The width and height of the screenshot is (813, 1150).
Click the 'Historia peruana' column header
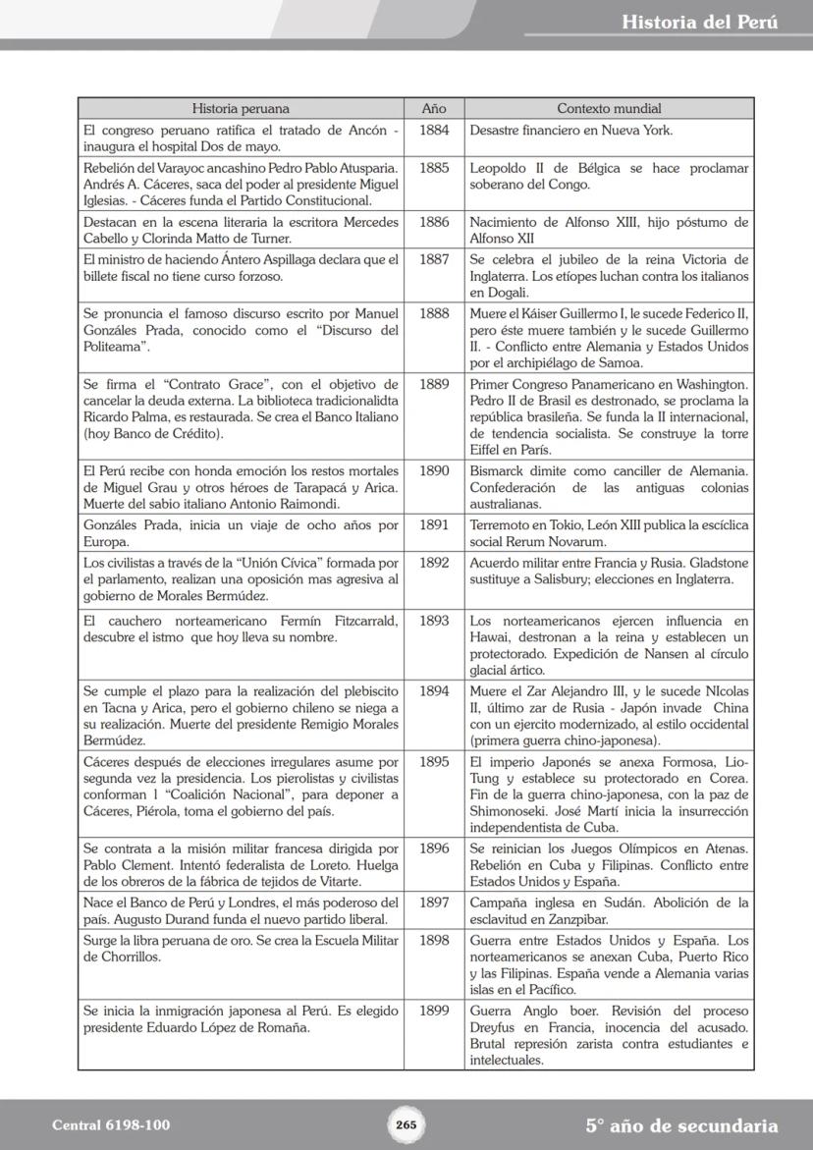click(x=241, y=109)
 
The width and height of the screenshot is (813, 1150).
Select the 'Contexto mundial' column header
click(x=609, y=109)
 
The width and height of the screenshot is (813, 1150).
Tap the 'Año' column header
click(x=434, y=109)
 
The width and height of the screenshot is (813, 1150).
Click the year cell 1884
click(x=434, y=130)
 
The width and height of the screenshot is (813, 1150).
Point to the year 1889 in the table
click(x=434, y=384)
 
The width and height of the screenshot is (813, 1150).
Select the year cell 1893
click(x=434, y=621)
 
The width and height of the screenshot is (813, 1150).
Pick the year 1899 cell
click(x=434, y=1011)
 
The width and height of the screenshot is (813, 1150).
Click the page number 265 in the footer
click(x=406, y=1125)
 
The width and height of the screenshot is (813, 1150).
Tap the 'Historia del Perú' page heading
click(x=699, y=23)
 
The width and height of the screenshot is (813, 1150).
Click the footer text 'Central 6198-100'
click(x=111, y=1125)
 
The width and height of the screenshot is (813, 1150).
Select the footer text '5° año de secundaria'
click(x=681, y=1125)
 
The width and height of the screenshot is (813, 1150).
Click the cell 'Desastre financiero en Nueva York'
click(x=571, y=130)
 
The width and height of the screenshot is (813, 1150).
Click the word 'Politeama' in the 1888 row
click(x=116, y=347)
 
